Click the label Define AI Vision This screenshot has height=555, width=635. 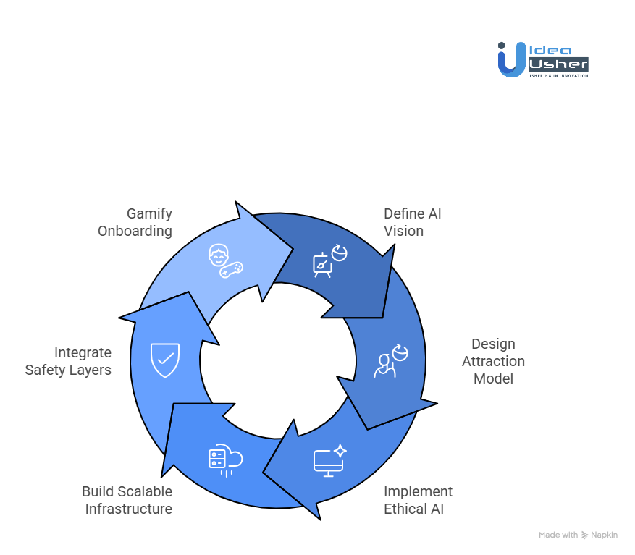coord(412,222)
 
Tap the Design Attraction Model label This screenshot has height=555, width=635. coord(493,361)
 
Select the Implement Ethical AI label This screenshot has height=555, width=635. coord(418,500)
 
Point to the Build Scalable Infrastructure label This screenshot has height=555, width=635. coord(127,500)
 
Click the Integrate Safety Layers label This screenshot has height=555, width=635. coord(69,361)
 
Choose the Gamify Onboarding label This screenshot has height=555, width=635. coord(135,222)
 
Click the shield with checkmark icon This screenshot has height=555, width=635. coord(165,360)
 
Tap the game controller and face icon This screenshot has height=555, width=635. coord(224,261)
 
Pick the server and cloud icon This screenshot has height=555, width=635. coord(224,461)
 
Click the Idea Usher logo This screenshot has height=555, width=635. coord(542,59)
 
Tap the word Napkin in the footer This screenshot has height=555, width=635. coord(605,535)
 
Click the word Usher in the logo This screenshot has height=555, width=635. coord(558,64)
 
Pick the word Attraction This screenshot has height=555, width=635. coord(493,361)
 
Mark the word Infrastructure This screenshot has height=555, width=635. coord(129,509)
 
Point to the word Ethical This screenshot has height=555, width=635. coord(403,509)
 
